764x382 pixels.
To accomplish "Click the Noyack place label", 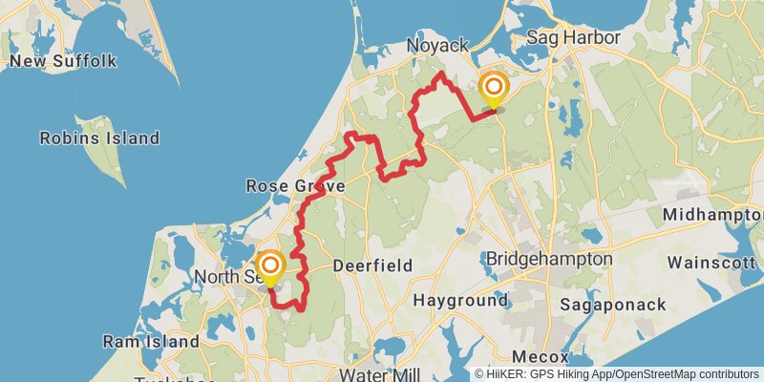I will point(436,46).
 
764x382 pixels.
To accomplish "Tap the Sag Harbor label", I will point(574,38).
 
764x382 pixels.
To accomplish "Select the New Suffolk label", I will point(63,61).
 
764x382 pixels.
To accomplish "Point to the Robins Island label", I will point(99,138).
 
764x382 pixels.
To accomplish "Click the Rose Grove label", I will point(288,185).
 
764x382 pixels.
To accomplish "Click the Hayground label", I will point(460,300).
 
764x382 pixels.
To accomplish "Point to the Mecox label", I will point(546,356).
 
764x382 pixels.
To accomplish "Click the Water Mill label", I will point(378,373).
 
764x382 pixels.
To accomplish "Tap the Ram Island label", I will point(151,341).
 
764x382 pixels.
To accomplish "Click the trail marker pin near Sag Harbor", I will point(495,89).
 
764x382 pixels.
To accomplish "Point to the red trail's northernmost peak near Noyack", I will point(439,74).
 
